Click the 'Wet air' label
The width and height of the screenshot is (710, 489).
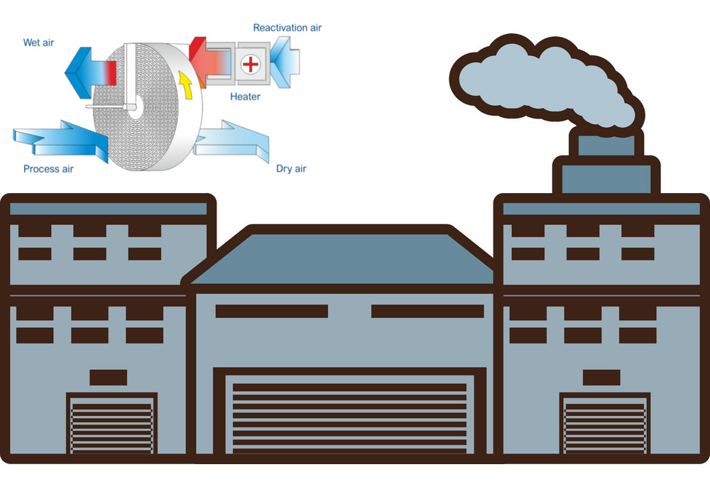click(x=38, y=43)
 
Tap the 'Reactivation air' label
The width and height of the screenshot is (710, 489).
click(x=287, y=28)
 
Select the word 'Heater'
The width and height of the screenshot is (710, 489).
click(x=245, y=97)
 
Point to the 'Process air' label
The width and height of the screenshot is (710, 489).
click(x=48, y=169)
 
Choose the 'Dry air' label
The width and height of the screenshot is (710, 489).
click(x=291, y=169)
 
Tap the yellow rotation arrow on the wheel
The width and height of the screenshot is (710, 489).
click(x=185, y=84)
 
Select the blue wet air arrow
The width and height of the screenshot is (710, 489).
click(x=91, y=72)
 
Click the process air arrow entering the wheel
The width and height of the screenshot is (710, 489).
click(x=61, y=141)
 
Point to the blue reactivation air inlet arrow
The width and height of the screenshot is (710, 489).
click(x=285, y=62)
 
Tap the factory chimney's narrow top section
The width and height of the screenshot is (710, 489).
click(x=606, y=145)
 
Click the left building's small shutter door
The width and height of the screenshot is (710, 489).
click(x=112, y=423)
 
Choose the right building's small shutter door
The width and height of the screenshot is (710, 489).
click(x=605, y=423)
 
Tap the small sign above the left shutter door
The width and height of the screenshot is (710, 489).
click(x=108, y=378)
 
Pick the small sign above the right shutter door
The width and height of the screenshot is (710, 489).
click(x=601, y=378)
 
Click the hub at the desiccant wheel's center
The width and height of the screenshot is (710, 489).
click(x=134, y=107)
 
